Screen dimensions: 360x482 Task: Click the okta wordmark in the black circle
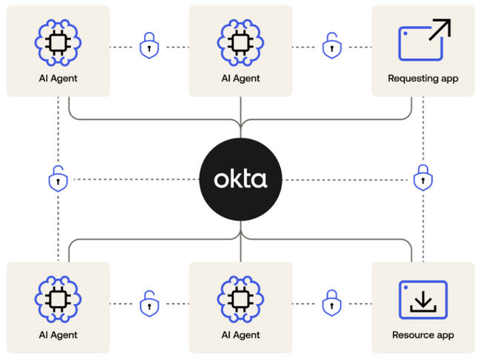[240, 180]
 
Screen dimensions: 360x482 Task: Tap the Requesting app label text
[423, 78]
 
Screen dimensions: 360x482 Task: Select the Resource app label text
[423, 335]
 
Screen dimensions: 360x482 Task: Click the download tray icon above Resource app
[423, 298]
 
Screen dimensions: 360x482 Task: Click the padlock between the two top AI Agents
[149, 47]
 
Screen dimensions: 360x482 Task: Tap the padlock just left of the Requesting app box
[331, 47]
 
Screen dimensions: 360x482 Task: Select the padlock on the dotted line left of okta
[58, 179]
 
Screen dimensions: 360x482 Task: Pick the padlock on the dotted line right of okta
[423, 178]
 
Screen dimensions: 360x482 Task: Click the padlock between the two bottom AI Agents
[149, 304]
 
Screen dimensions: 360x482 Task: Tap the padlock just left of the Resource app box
[331, 303]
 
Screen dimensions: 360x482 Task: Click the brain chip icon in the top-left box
[58, 42]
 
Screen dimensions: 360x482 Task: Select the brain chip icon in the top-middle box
[240, 42]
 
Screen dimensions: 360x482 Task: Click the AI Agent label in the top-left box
[58, 78]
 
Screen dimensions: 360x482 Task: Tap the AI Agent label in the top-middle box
[240, 78]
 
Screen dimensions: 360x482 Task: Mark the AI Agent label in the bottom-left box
[58, 335]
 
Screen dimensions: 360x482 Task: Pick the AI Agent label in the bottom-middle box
[240, 335]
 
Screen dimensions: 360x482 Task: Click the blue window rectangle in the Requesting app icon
[417, 47]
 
